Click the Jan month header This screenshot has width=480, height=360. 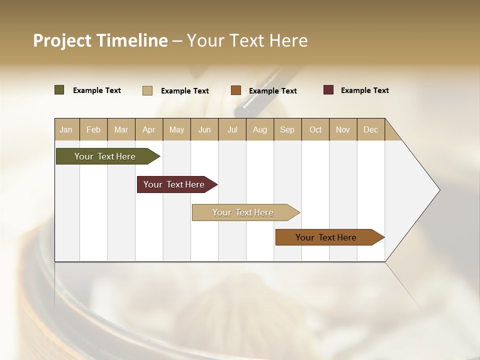[x=66, y=129]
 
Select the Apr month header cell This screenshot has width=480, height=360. [x=148, y=129]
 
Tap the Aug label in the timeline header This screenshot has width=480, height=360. [x=259, y=129]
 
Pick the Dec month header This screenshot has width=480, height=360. [x=370, y=129]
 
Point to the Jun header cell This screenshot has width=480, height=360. [x=204, y=129]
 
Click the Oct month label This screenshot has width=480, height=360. [x=315, y=129]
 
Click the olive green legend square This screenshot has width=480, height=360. [x=59, y=90]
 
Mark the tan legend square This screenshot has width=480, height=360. [x=147, y=90]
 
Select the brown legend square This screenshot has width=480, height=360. [x=236, y=90]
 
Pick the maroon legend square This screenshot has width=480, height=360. [x=328, y=90]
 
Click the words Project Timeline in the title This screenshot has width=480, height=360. [x=100, y=40]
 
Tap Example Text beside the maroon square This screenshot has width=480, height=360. [x=364, y=90]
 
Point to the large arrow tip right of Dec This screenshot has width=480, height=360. [x=420, y=190]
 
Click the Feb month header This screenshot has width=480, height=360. [x=93, y=129]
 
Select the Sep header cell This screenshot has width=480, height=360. [x=287, y=129]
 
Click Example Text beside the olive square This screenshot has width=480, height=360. [x=96, y=90]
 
